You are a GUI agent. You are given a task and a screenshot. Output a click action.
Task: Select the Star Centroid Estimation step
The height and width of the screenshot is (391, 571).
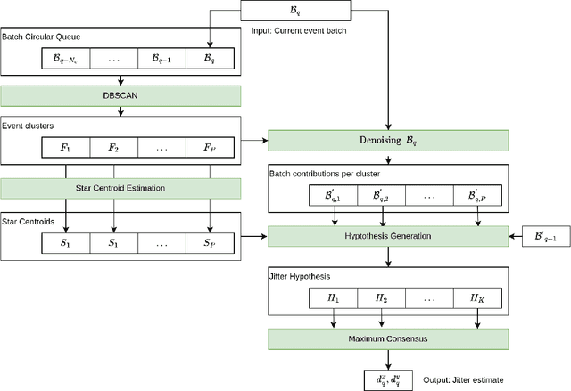[x=120, y=187]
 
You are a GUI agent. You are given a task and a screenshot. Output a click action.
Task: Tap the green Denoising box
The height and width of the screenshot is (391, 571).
[x=388, y=140]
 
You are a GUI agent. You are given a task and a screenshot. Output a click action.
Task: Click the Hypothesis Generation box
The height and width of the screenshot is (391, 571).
[x=388, y=236]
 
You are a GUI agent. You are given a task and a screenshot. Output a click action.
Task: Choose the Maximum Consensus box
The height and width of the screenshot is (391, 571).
[x=388, y=338]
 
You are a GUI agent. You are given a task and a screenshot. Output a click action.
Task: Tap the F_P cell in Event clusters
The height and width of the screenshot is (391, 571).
[x=209, y=146]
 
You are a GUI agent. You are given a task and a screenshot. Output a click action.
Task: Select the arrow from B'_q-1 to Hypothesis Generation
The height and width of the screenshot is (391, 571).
[x=515, y=236]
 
